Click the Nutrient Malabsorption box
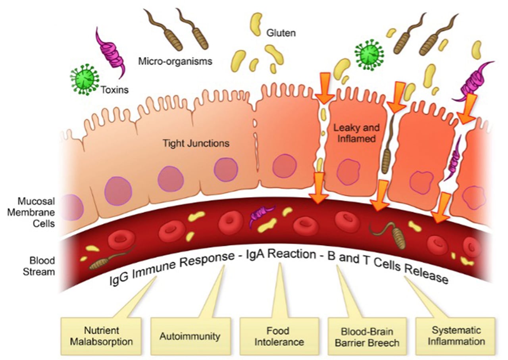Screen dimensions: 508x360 [x=101, y=336]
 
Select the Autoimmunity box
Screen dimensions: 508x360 [x=190, y=336]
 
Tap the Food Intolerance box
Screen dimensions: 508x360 [x=279, y=336]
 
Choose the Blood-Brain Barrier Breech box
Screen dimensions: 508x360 [x=367, y=336]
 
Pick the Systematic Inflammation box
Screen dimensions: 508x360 [x=456, y=336]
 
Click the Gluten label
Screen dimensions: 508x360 [x=281, y=33]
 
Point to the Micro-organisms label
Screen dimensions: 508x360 [x=175, y=62]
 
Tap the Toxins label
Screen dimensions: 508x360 [x=115, y=90]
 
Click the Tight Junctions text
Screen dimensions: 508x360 [x=196, y=143]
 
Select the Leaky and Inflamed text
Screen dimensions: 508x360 [x=356, y=133]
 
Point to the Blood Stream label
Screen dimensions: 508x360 [x=39, y=266]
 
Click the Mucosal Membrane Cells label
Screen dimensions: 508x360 [x=31, y=212]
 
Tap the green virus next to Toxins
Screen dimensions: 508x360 [x=85, y=79]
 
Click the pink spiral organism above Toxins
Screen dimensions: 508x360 [x=110, y=53]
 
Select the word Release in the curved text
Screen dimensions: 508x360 [x=426, y=275]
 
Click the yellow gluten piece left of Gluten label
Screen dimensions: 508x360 [x=256, y=24]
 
